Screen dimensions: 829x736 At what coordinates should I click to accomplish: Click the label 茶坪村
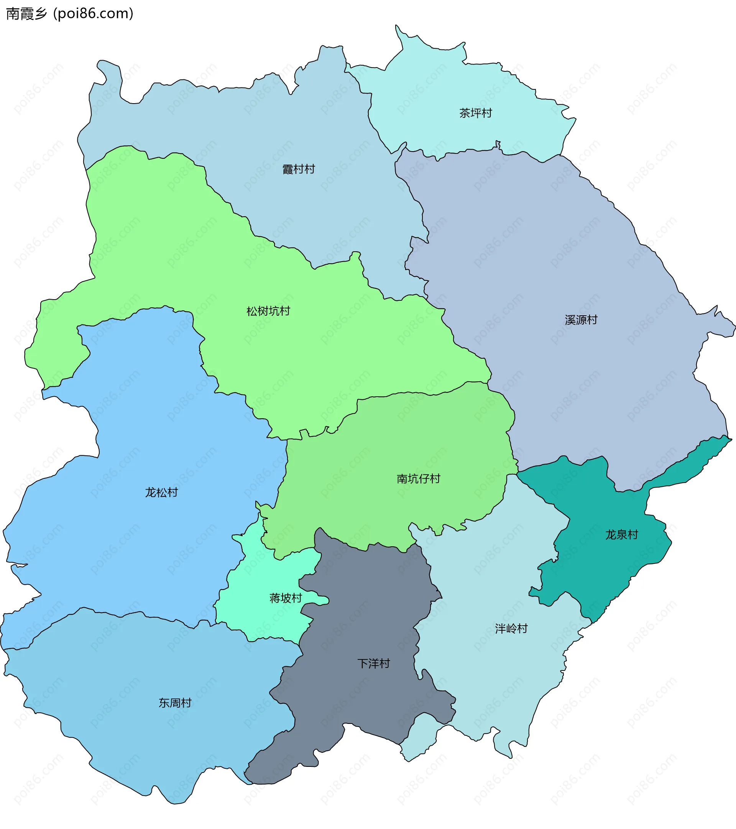click(475, 113)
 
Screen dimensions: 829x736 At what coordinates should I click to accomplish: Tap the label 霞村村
click(299, 169)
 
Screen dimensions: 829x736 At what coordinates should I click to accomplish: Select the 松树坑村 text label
click(268, 311)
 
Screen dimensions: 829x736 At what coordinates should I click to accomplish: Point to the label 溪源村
click(581, 320)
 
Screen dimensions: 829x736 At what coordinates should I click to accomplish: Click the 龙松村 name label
click(161, 492)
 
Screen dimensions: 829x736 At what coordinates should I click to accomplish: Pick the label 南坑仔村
click(418, 479)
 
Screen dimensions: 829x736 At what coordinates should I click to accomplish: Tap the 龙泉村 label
click(622, 534)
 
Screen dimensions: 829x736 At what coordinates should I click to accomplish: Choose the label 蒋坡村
click(286, 598)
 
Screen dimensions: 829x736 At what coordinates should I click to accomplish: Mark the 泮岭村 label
click(511, 629)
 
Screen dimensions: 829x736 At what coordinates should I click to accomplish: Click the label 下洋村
click(373, 664)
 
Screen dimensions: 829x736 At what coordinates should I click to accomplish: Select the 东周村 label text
click(175, 703)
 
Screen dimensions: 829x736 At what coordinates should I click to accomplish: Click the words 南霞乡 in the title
click(27, 14)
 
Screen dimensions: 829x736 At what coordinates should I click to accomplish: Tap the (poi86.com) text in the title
click(93, 14)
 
